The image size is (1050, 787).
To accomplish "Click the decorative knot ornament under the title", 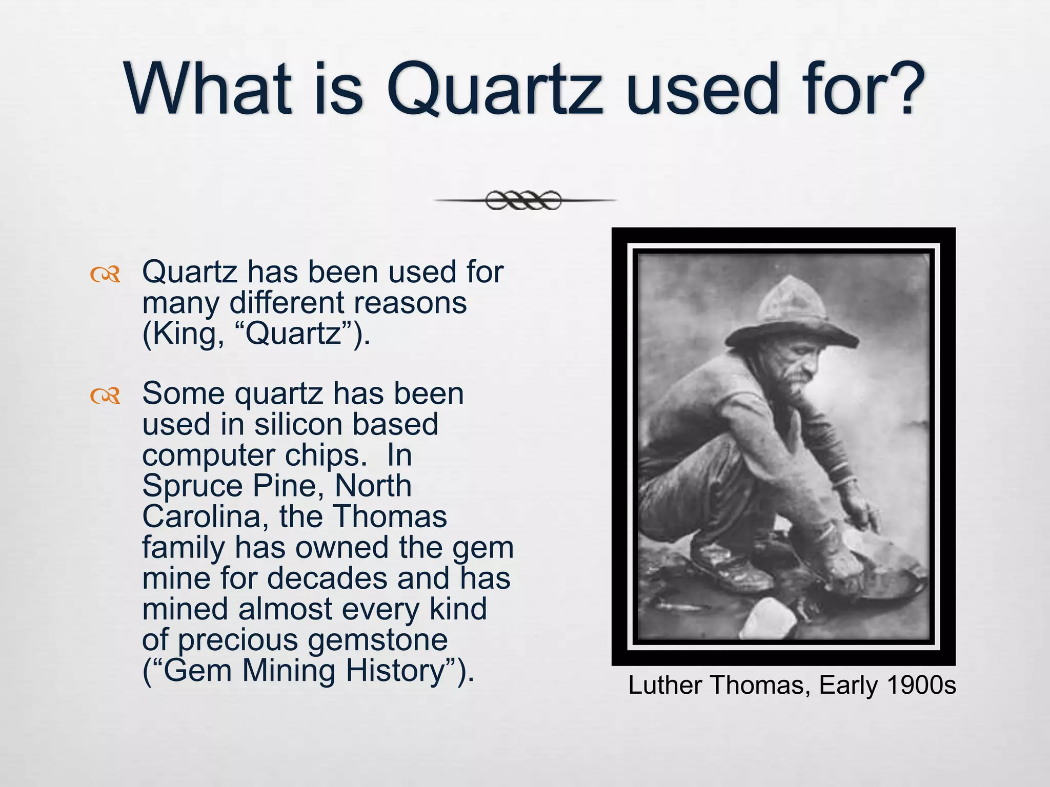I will (523, 200).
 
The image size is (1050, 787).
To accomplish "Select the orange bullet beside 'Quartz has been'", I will (105, 275).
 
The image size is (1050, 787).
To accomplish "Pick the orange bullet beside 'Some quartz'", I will (105, 396).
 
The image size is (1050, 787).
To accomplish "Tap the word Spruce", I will (192, 486).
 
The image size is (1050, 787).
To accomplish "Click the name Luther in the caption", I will (665, 686).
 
